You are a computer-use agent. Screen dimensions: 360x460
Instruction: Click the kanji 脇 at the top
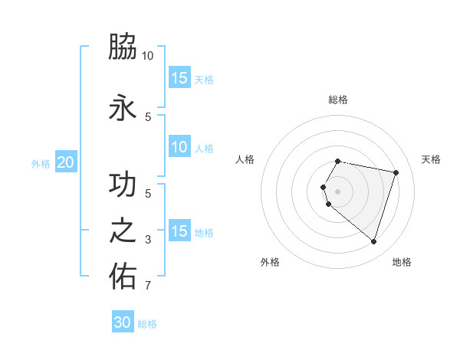123,47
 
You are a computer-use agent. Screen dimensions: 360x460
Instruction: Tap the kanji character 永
123,108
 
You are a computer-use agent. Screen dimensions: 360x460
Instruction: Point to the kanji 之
123,231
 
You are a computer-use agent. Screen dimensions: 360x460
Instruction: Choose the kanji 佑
123,277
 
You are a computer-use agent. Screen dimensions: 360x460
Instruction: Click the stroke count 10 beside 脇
148,56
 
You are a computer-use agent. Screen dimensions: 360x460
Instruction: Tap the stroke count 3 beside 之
148,240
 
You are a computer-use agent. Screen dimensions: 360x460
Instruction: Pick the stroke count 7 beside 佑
148,286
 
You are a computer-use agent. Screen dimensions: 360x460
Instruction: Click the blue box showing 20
65,162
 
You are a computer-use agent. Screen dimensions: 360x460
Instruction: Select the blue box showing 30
123,322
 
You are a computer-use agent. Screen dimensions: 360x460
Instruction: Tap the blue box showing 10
179,147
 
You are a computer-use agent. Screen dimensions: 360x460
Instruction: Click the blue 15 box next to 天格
179,77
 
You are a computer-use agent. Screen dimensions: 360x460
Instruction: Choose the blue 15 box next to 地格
179,231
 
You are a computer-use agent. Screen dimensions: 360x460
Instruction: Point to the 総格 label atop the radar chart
338,100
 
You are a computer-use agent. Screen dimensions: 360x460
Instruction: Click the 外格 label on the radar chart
270,262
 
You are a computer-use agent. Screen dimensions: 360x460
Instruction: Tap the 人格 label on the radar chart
245,159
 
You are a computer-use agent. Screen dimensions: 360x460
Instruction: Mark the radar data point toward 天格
396,172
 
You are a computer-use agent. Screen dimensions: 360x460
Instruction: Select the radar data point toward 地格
373,242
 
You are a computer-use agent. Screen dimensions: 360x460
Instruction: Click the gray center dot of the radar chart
338,191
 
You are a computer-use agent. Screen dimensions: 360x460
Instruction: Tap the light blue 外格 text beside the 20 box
41,163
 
